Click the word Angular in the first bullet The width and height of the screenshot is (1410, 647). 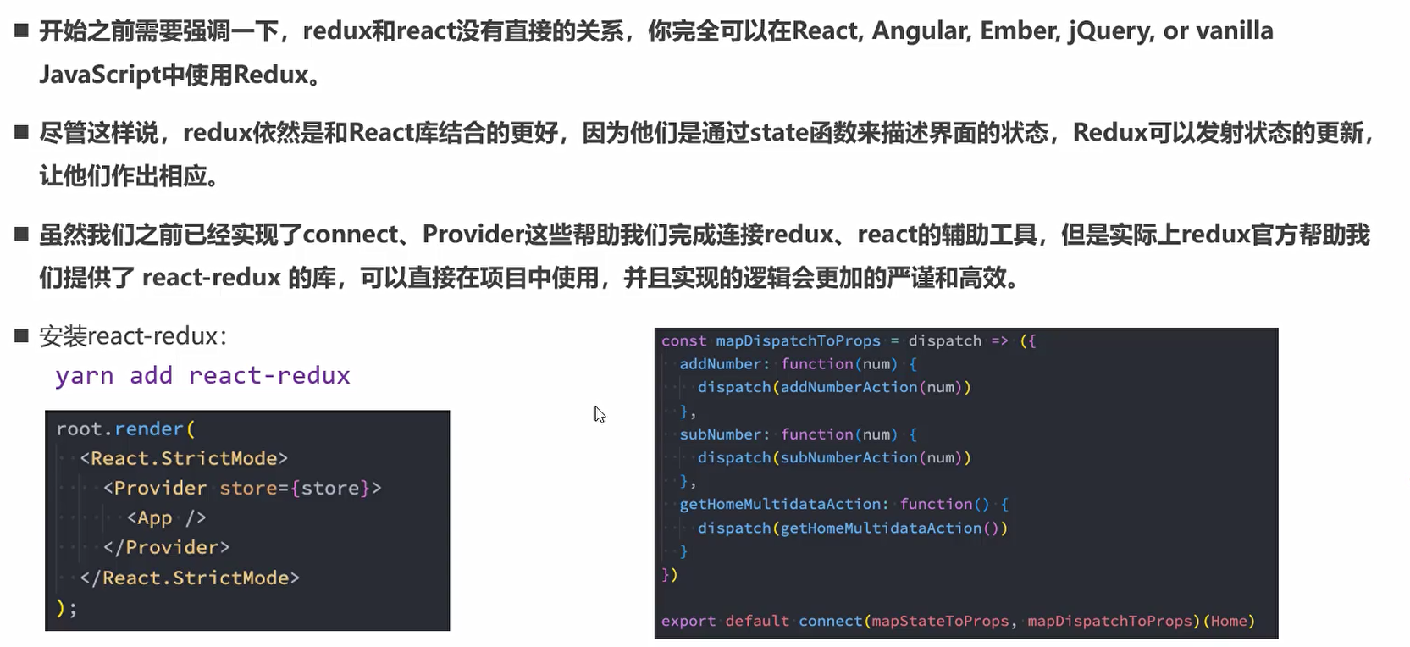pyautogui.click(x=920, y=31)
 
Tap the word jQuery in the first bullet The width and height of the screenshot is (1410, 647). pyautogui.click(x=1110, y=31)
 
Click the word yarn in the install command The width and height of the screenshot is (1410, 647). pyautogui.click(x=85, y=376)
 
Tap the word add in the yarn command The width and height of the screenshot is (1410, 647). pyautogui.click(x=151, y=376)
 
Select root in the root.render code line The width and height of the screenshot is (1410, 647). pyautogui.click(x=79, y=429)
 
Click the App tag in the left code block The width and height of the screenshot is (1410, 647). pyautogui.click(x=154, y=518)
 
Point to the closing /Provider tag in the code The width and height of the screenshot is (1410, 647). pyautogui.click(x=171, y=548)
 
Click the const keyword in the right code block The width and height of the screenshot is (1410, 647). pyautogui.click(x=683, y=340)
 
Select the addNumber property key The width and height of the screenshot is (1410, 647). pyautogui.click(x=720, y=364)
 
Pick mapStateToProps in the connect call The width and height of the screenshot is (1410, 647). pyautogui.click(x=940, y=622)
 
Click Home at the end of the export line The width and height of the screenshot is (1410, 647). pyautogui.click(x=1228, y=622)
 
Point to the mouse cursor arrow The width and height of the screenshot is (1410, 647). pyautogui.click(x=600, y=414)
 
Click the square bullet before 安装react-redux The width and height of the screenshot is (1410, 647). pyautogui.click(x=22, y=336)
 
